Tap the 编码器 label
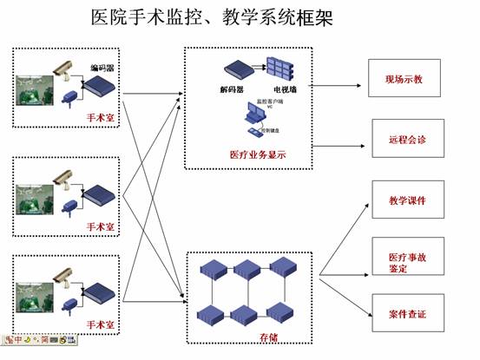click(102, 67)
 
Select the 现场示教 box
click(404, 79)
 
